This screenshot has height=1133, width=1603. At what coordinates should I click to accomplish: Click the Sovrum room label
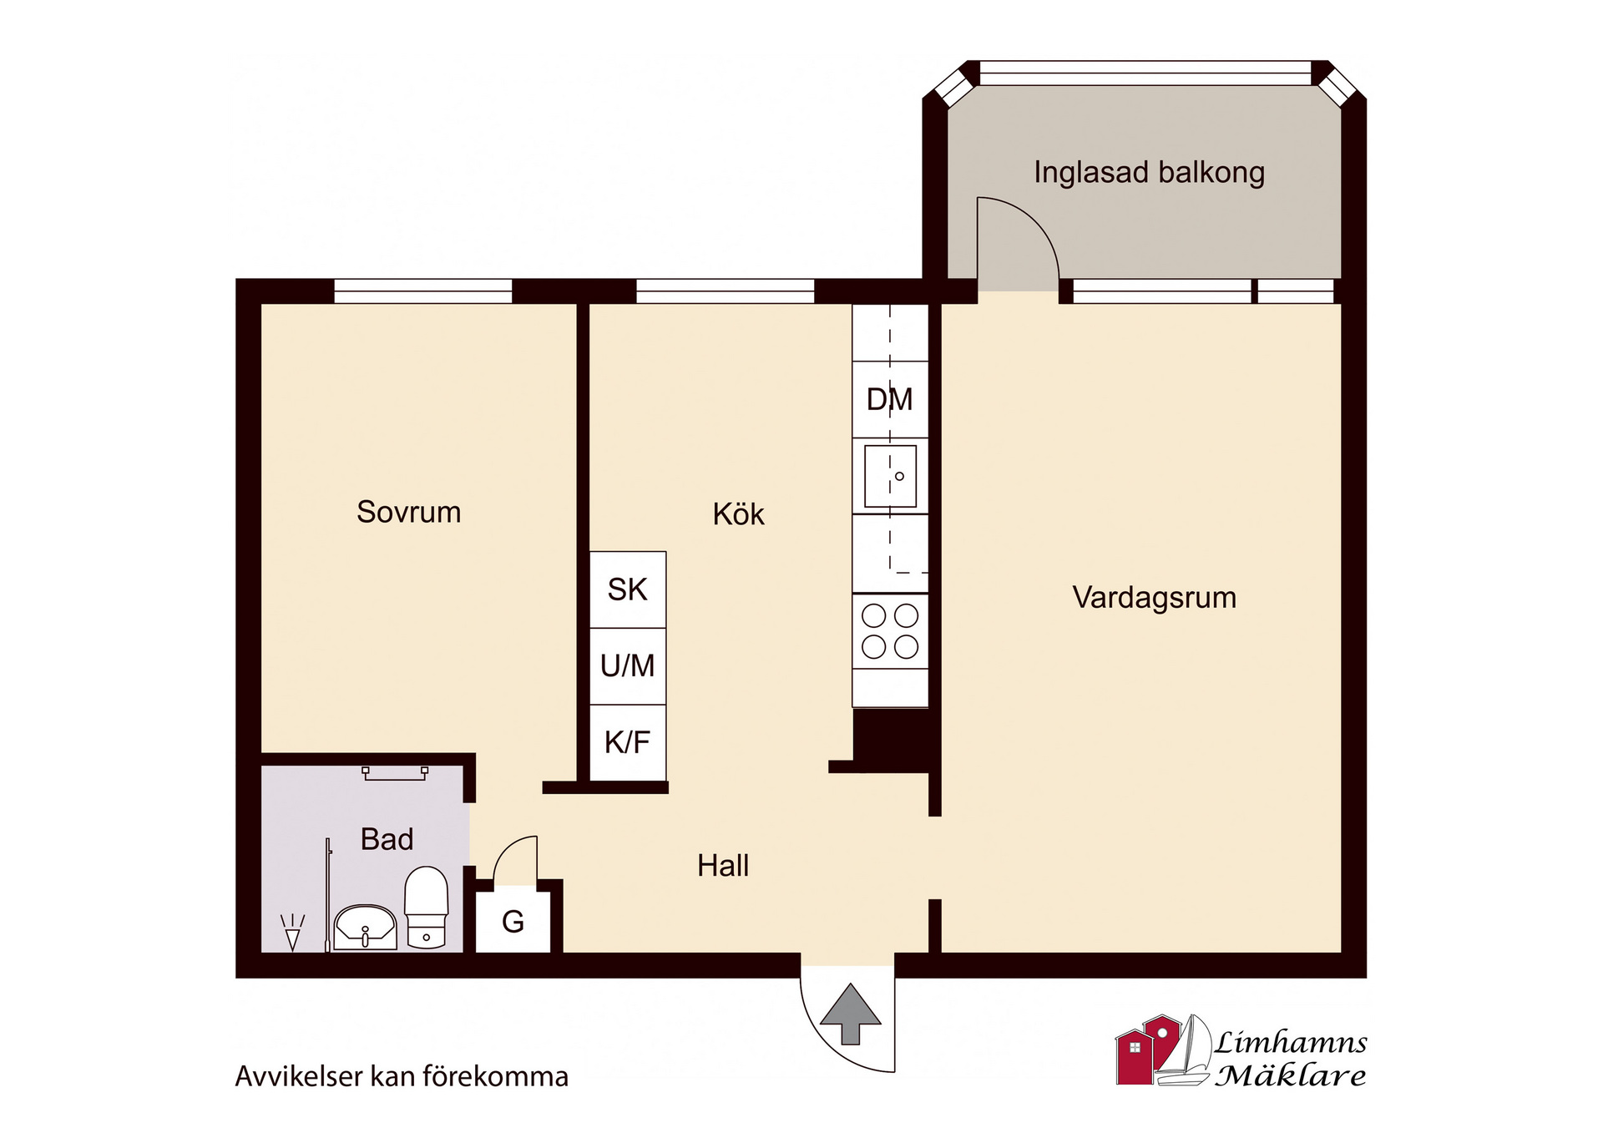(x=408, y=512)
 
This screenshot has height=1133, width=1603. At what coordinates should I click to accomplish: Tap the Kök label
(x=738, y=513)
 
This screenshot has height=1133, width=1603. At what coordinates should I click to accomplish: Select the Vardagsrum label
(x=1154, y=598)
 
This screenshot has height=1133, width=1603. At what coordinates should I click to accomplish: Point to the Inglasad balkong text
(x=1149, y=173)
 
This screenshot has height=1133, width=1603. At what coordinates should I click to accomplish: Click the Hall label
(x=723, y=866)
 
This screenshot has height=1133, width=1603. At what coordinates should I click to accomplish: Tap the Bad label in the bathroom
(x=387, y=839)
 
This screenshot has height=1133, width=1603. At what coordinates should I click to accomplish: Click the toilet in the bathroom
(x=427, y=908)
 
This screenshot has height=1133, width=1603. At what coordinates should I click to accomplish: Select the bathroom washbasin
(x=365, y=927)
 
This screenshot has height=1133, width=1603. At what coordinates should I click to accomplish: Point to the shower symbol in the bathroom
(x=292, y=933)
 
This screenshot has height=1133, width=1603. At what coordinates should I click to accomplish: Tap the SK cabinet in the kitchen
(x=628, y=589)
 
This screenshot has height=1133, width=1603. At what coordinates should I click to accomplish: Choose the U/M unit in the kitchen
(x=628, y=666)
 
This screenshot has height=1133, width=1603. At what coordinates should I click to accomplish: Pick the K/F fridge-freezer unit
(x=628, y=742)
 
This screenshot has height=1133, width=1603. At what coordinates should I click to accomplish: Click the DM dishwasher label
(x=890, y=400)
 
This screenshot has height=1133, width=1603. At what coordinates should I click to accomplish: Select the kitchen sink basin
(x=890, y=476)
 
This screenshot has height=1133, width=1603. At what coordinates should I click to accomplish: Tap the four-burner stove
(x=890, y=631)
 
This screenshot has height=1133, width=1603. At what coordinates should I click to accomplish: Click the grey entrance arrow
(x=850, y=1014)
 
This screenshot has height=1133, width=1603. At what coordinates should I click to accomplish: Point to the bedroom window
(x=423, y=291)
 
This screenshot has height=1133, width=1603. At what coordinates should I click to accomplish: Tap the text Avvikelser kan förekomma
(x=402, y=1076)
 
